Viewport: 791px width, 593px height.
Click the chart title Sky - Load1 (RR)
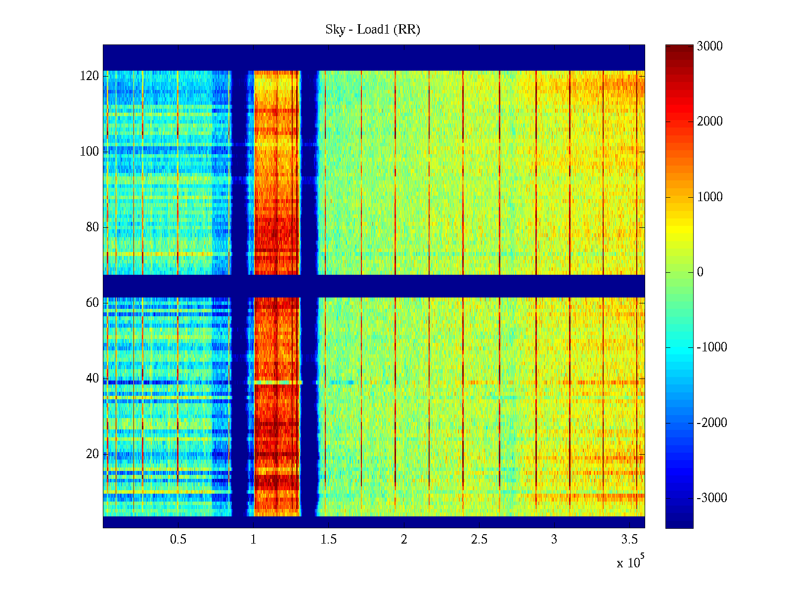pos(372,30)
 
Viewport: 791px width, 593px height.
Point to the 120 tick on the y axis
pos(89,76)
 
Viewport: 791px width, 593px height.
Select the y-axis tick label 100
pos(89,152)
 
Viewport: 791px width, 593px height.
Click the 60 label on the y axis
pos(92,303)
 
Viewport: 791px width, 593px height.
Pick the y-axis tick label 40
pos(92,379)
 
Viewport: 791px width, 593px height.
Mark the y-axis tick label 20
pos(92,454)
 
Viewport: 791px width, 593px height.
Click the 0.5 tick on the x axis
pos(178,540)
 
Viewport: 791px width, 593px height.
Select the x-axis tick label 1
pos(253,540)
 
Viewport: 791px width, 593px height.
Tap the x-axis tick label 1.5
pos(329,540)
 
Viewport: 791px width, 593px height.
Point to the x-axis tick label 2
pos(404,540)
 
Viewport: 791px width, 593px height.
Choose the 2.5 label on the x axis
pos(479,540)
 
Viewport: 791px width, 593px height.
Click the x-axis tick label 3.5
pos(629,540)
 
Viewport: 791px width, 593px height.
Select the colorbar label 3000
pos(709,46)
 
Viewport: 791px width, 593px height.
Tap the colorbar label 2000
pos(709,122)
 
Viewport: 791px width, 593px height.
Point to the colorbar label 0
pos(700,272)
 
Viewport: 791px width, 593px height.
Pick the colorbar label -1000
pos(711,347)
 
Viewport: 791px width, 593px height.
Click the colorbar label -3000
pos(711,498)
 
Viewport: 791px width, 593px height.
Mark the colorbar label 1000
pos(709,197)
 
